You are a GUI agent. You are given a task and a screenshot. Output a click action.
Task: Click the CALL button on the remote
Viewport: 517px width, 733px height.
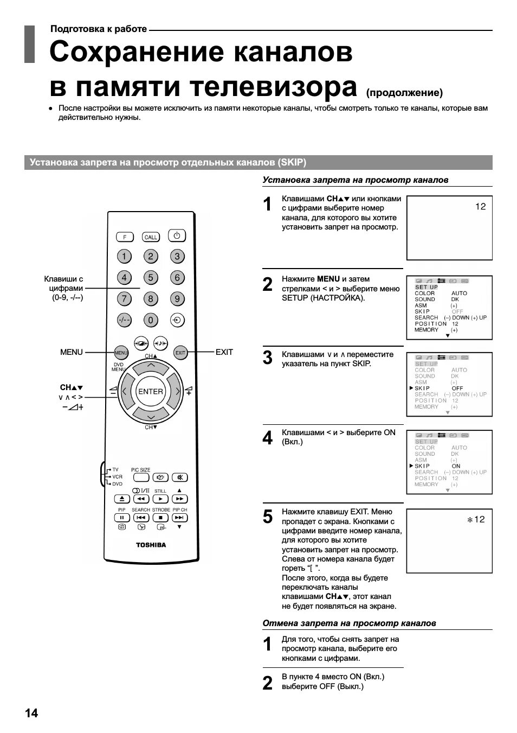pos(151,237)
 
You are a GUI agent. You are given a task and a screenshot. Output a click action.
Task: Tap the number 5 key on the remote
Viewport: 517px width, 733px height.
pos(151,278)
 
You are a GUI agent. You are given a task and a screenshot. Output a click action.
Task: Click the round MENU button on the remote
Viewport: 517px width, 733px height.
pos(121,353)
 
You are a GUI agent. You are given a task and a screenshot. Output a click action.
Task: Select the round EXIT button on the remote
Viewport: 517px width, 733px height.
pos(180,353)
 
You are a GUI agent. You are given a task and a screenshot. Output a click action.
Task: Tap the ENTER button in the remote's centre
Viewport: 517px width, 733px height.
pos(151,391)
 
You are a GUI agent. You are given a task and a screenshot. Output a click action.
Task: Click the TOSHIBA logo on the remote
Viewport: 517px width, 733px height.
pos(151,545)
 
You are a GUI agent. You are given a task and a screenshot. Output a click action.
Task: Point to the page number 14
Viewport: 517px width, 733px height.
pos(31,713)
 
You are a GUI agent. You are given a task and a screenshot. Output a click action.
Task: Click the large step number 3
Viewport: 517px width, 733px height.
pos(268,358)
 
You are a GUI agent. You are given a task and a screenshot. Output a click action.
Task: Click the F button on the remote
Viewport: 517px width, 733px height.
pos(125,237)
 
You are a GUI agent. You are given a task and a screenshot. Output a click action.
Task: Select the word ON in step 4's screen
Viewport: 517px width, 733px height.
pos(456,466)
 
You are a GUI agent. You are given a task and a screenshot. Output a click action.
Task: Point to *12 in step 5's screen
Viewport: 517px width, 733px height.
pos(476,520)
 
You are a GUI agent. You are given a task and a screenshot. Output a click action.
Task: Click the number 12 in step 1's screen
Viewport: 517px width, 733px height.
pos(480,207)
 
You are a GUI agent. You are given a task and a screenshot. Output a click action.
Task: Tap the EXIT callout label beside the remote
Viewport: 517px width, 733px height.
pos(224,352)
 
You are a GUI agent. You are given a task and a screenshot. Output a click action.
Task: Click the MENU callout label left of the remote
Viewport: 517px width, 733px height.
pos(72,352)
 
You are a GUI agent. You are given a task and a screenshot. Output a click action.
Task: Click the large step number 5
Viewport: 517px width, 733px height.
pos(268,517)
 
